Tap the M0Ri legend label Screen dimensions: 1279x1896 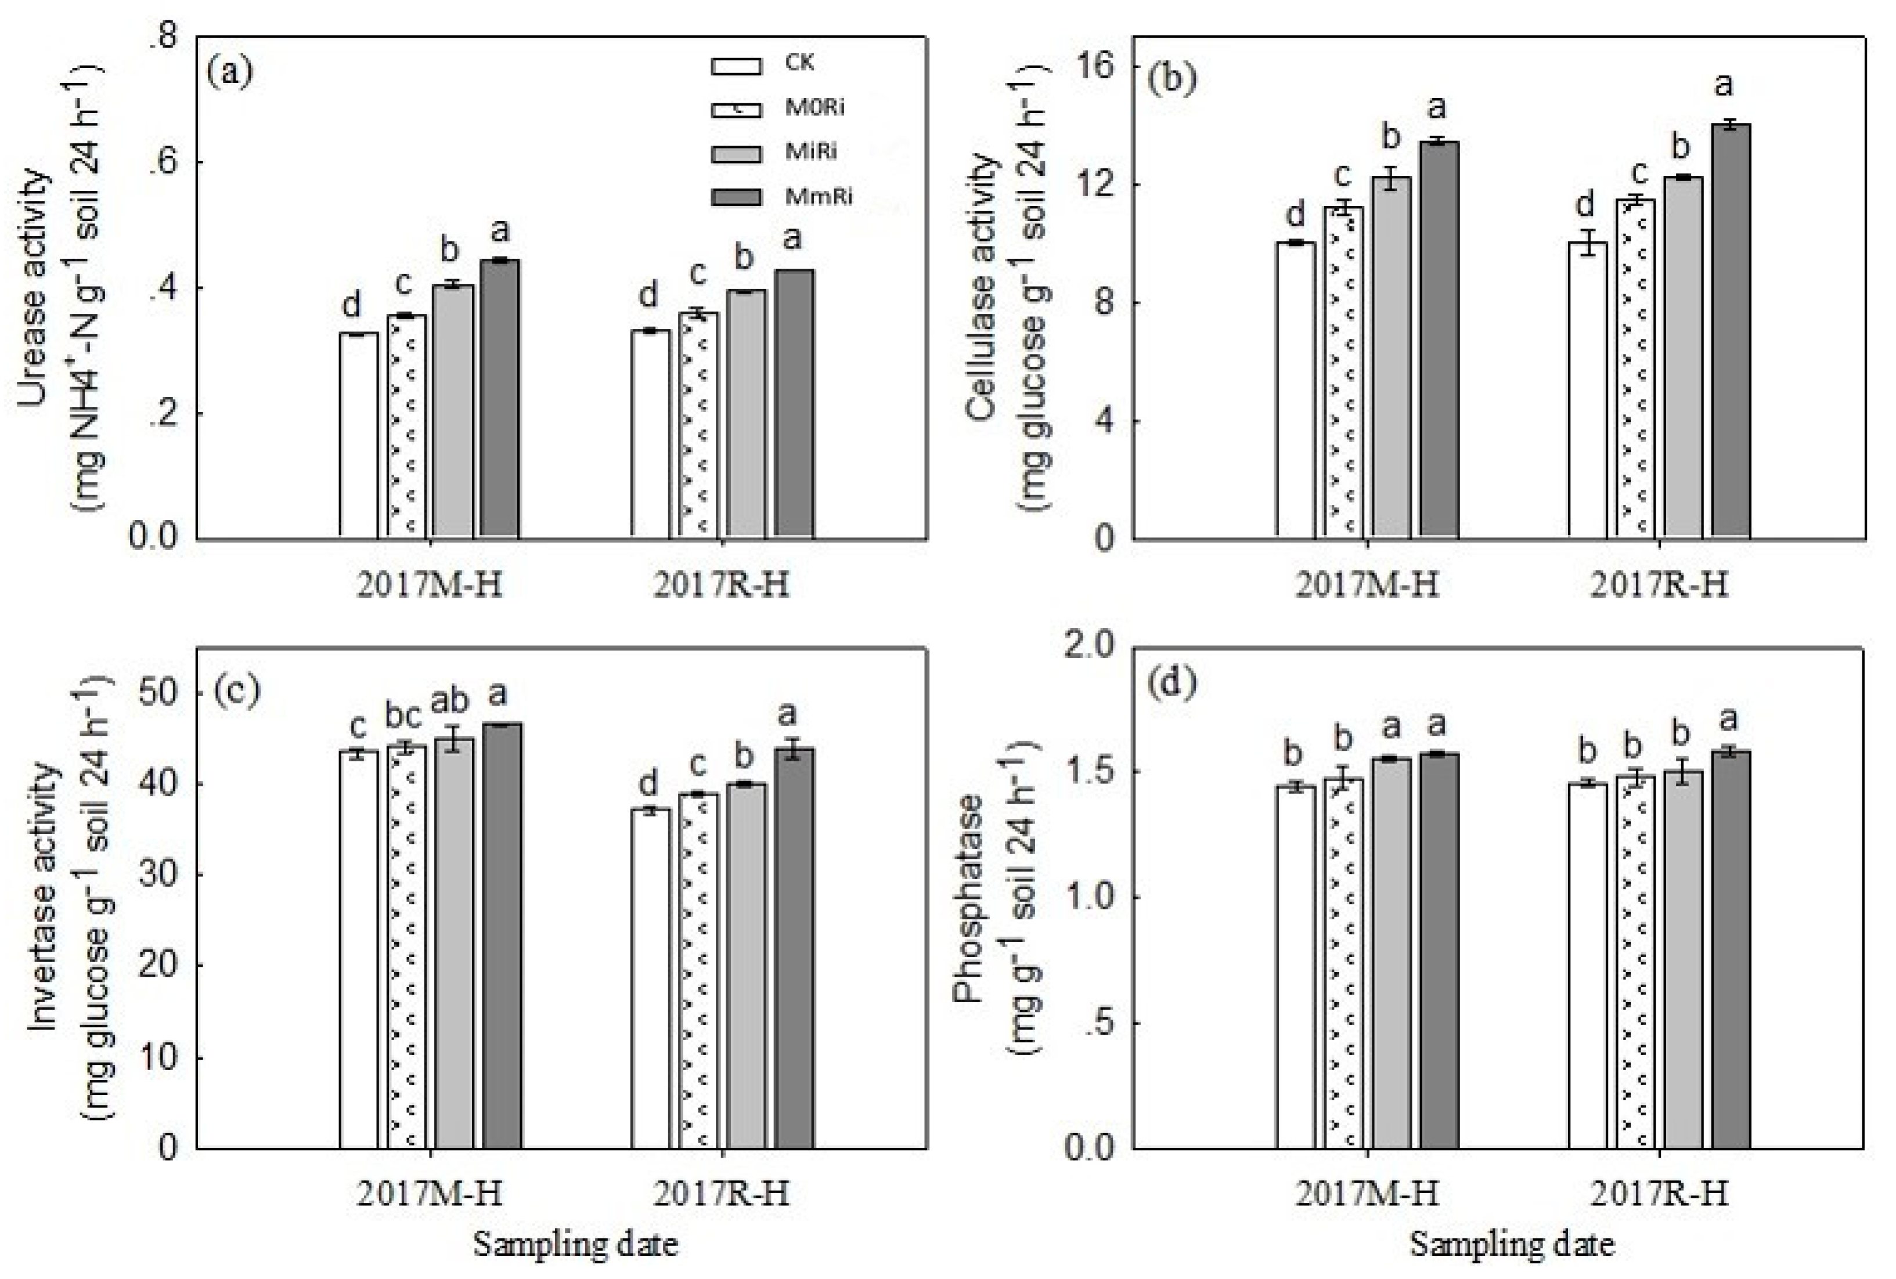pos(815,109)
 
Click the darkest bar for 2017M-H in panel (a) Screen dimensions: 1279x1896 pos(500,400)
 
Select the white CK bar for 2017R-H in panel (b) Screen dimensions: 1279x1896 pos(1588,392)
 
